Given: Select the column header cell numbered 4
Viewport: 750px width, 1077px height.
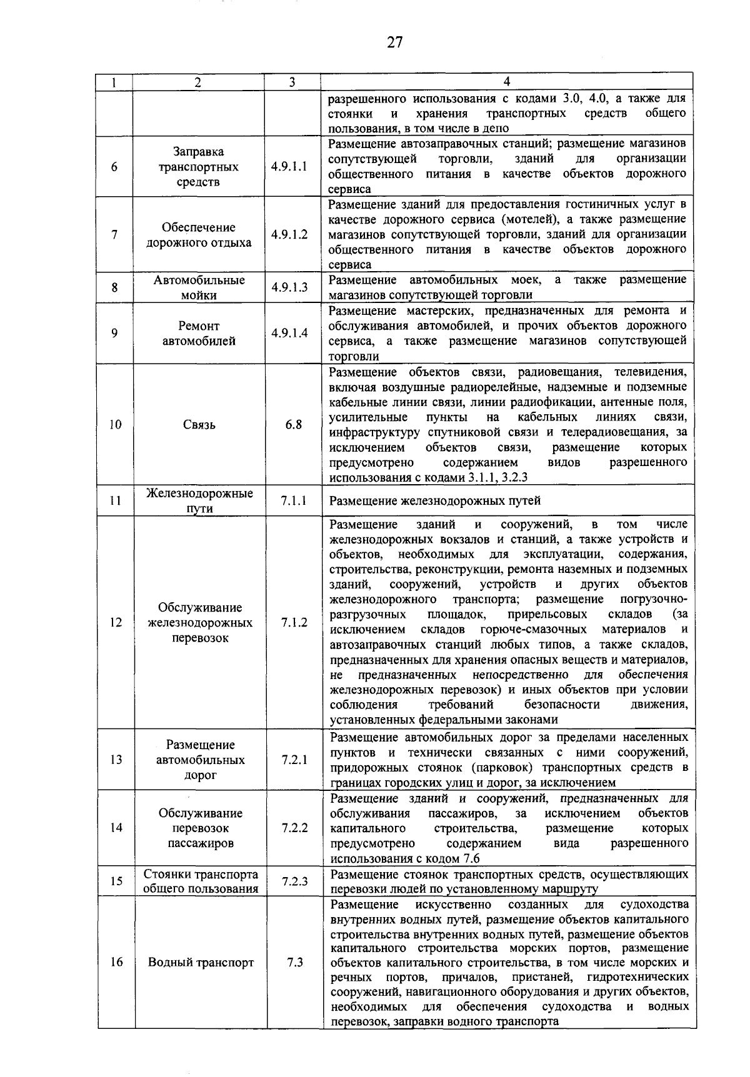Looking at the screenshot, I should [x=506, y=82].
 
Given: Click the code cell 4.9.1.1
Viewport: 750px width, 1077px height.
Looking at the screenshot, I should [x=289, y=167].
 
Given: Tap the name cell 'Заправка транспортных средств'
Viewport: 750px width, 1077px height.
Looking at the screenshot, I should [x=198, y=167].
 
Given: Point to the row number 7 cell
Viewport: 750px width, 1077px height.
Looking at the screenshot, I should [x=114, y=235].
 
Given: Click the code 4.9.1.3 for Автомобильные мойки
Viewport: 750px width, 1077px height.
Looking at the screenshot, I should [x=289, y=287].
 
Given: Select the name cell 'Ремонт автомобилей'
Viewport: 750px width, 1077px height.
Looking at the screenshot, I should [x=199, y=333].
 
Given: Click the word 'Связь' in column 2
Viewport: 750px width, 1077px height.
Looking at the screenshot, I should [x=199, y=425].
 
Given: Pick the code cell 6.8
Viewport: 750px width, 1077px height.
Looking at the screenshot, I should [x=293, y=425].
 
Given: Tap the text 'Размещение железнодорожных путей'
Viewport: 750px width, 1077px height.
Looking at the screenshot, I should [x=435, y=500].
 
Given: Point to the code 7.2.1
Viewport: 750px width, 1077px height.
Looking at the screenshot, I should [x=294, y=760].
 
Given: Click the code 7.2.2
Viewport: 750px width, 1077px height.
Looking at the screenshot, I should [x=294, y=828].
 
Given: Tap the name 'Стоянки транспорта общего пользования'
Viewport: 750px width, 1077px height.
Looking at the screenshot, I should [x=201, y=881].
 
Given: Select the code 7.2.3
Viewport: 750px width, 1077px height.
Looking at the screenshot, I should [x=294, y=881].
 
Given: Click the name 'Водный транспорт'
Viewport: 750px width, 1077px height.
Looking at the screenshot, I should [x=201, y=962].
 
